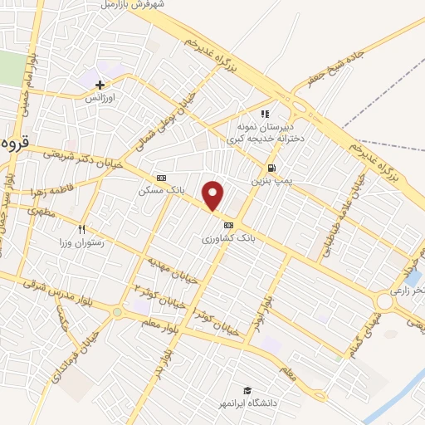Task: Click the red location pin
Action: click(213, 195)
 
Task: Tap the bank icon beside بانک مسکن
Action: click(161, 178)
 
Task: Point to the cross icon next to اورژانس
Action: click(100, 85)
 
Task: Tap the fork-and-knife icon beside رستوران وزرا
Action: click(81, 229)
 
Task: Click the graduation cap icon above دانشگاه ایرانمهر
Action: click(247, 390)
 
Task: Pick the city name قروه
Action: click(15, 143)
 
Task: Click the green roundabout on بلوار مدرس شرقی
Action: click(117, 311)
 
